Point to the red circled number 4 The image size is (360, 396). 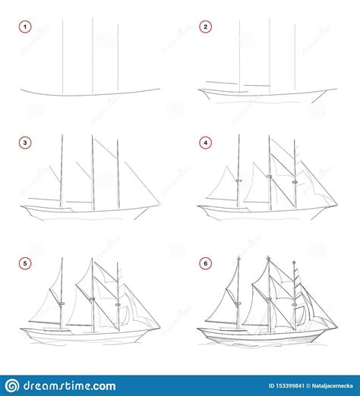point(204,142)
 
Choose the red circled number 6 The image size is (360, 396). point(204,263)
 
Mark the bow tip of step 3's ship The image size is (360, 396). point(160,203)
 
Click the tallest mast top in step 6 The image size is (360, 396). point(268,258)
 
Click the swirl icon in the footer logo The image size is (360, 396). point(14,385)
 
